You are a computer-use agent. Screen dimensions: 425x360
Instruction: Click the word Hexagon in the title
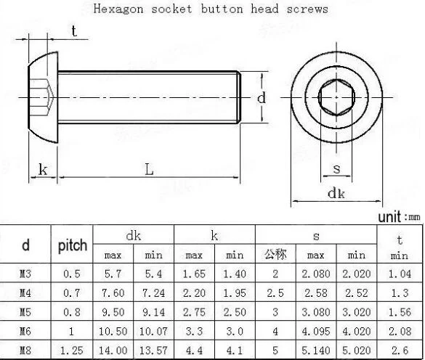click(x=118, y=9)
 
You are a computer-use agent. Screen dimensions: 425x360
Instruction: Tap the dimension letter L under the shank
click(x=149, y=169)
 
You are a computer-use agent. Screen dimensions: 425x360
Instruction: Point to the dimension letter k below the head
click(x=43, y=170)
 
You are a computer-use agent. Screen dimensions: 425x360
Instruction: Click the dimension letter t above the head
click(x=74, y=31)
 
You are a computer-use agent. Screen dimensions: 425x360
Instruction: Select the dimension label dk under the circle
click(x=336, y=193)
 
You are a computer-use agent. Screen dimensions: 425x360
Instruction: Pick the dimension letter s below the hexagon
click(x=336, y=169)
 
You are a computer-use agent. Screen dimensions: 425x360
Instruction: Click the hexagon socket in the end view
click(x=336, y=97)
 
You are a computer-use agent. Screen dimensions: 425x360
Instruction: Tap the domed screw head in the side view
click(x=44, y=97)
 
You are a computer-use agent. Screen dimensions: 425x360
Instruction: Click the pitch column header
click(x=73, y=245)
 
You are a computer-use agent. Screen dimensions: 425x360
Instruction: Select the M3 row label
click(x=25, y=274)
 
